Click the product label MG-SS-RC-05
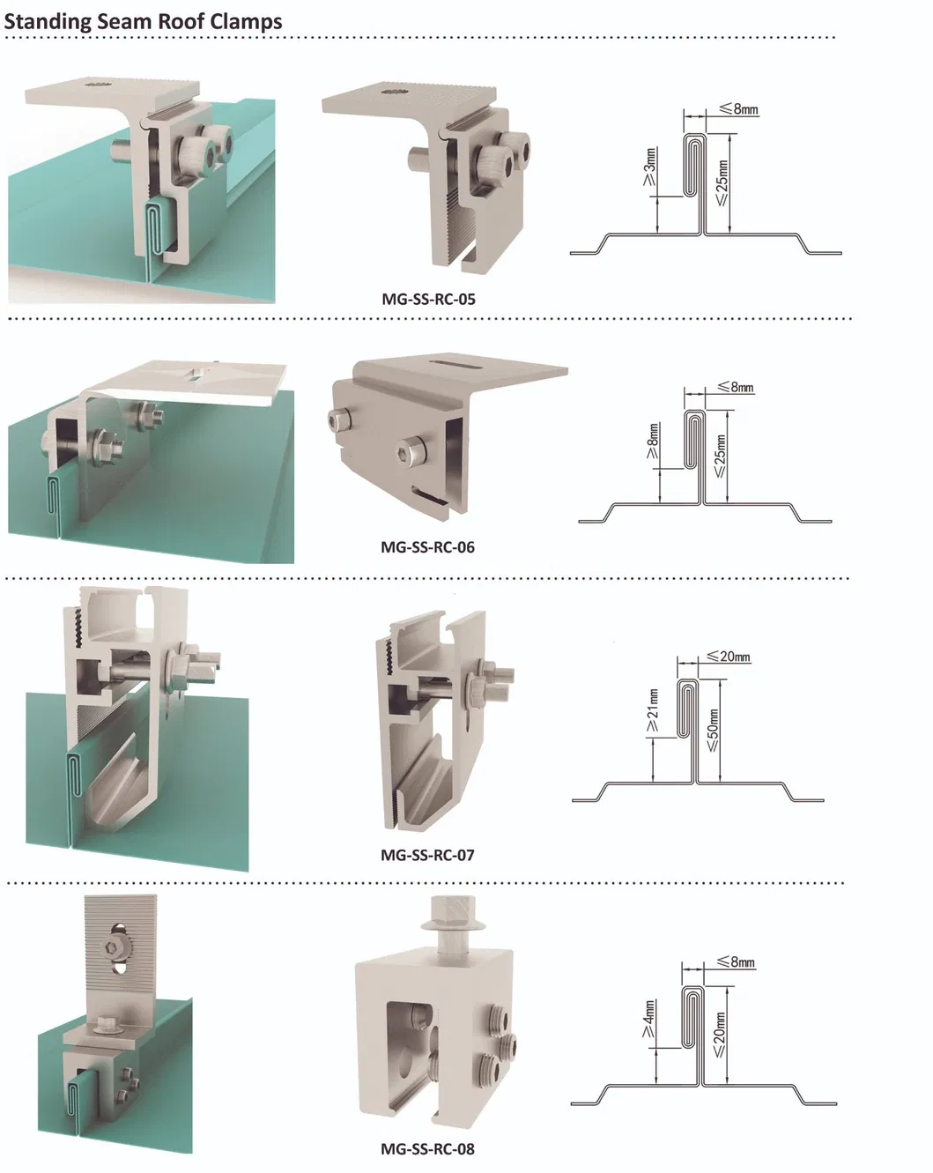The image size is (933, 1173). click(x=428, y=299)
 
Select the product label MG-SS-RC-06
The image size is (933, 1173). click(x=428, y=546)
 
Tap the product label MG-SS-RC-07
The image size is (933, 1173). click(x=428, y=855)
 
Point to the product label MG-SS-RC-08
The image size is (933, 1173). click(x=428, y=1148)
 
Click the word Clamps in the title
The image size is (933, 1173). click(x=246, y=22)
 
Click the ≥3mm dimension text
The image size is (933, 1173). click(x=649, y=167)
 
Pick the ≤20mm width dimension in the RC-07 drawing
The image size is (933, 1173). click(x=728, y=657)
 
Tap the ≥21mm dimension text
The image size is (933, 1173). click(x=652, y=711)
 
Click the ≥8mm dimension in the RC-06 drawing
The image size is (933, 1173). click(x=652, y=441)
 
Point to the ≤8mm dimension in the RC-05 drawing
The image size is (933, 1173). click(x=738, y=109)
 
